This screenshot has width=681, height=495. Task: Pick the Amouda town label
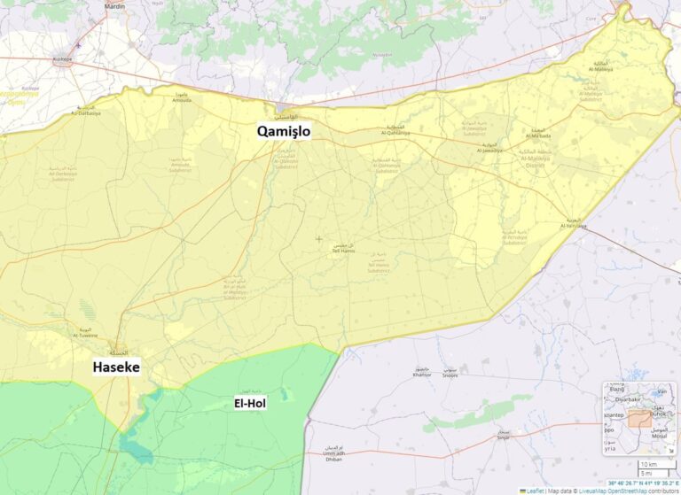click(x=181, y=100)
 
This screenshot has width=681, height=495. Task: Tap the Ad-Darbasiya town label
click(x=86, y=112)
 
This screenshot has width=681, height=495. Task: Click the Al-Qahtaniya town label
click(x=395, y=132)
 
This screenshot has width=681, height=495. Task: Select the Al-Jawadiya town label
click(x=489, y=151)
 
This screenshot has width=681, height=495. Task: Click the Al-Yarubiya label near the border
click(x=575, y=227)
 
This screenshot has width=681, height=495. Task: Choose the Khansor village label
click(x=422, y=375)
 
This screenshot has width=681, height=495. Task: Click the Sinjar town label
click(x=503, y=437)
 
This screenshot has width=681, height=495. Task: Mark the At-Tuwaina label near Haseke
click(x=85, y=336)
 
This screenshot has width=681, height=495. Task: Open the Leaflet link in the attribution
click(x=535, y=490)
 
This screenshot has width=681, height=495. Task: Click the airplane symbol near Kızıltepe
click(x=78, y=45)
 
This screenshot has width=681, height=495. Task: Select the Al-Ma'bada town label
click(x=539, y=135)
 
